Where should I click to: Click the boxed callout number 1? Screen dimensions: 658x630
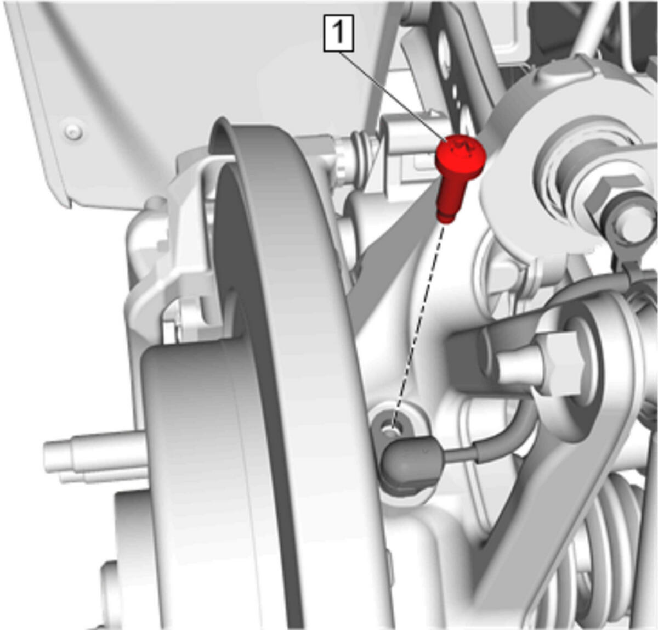tap(338, 33)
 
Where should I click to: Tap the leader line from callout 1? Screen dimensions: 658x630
tap(393, 96)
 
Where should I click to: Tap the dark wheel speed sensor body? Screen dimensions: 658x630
tap(411, 464)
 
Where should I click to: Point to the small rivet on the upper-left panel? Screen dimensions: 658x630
tap(73, 131)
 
